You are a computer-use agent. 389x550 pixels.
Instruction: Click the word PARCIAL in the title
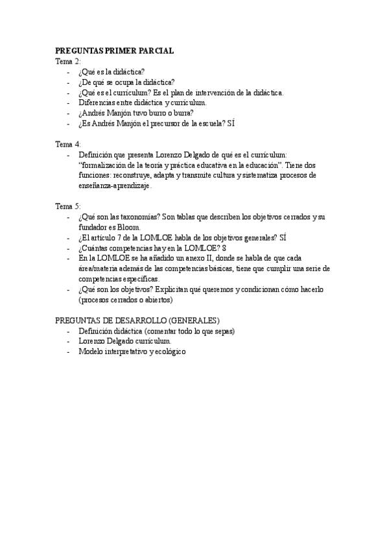click(154, 51)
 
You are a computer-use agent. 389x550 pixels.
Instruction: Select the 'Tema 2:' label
click(68, 61)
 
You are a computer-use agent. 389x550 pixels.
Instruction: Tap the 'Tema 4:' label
click(68, 144)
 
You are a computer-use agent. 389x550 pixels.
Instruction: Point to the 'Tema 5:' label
click(68, 206)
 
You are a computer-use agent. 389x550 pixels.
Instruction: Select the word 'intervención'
click(221, 92)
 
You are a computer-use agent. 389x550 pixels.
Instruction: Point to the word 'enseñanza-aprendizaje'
click(114, 185)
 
